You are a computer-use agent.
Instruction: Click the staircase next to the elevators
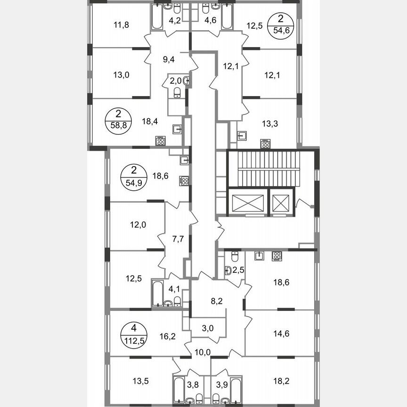(x=270, y=169)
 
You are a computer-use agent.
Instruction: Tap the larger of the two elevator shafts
(x=246, y=203)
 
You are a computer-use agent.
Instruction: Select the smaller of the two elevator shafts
(x=281, y=203)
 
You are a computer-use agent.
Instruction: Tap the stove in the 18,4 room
(x=161, y=140)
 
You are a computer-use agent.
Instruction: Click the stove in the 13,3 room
(x=265, y=144)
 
